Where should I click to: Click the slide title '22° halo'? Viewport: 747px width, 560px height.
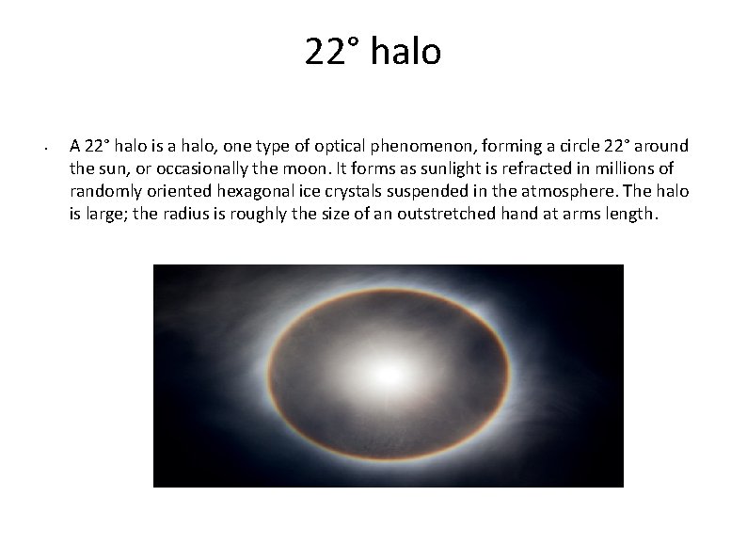click(373, 52)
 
